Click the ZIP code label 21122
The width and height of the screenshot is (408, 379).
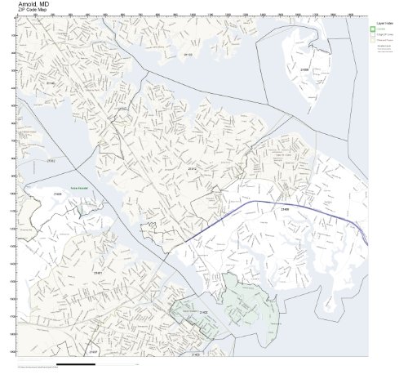click(x=188, y=55)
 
